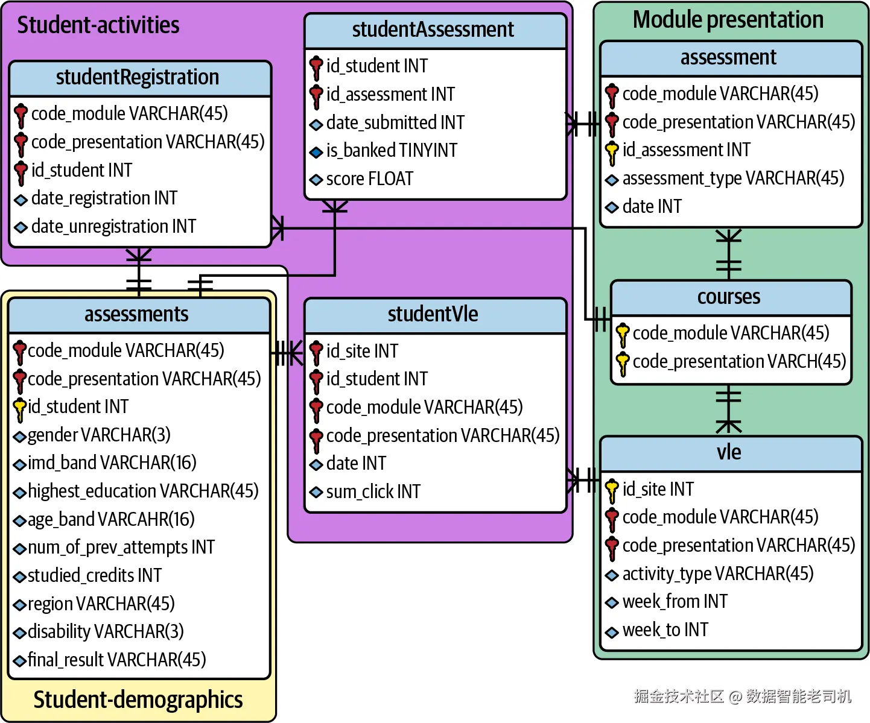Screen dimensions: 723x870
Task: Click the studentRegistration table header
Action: (x=138, y=78)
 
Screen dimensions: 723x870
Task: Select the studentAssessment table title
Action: (x=433, y=30)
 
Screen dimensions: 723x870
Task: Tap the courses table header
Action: (x=729, y=297)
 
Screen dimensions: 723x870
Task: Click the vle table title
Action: (x=729, y=452)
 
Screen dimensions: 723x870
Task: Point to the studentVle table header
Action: (x=433, y=314)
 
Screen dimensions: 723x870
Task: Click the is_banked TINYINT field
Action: (x=392, y=151)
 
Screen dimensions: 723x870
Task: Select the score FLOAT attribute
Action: (x=369, y=179)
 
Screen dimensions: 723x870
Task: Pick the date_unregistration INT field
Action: (x=113, y=227)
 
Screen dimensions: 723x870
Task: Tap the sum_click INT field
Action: (x=373, y=492)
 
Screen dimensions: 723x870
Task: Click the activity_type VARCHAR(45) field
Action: (x=717, y=574)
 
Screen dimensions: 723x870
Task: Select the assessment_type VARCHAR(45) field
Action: (x=733, y=178)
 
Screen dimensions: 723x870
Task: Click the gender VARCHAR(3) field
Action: (x=99, y=435)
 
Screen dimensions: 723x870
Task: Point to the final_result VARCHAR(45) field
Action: (x=116, y=660)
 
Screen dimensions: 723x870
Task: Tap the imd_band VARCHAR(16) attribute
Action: (x=112, y=463)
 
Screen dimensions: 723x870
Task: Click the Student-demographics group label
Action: (x=138, y=700)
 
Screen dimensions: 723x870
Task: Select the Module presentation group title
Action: (x=728, y=20)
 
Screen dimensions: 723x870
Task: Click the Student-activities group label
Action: (x=98, y=25)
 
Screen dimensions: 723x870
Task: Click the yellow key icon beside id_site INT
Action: (x=612, y=490)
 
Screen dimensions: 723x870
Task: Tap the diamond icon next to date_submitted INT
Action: (x=316, y=125)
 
